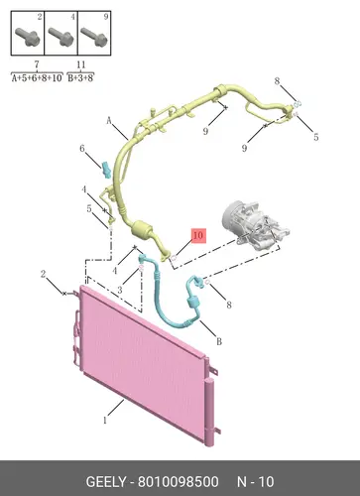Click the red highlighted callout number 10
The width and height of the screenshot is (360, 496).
coord(197,236)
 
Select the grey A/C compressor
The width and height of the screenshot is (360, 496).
coord(255,227)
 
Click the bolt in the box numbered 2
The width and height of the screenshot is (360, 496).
coord(28,36)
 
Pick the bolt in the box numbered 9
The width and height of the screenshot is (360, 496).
coord(94,36)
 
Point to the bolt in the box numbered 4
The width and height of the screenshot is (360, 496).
coord(60,36)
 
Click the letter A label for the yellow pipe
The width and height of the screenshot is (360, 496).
coord(109,120)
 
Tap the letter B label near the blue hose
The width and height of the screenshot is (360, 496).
coord(219,341)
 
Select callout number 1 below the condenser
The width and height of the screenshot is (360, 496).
coord(105,421)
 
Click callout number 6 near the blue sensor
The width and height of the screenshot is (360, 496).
coord(82,149)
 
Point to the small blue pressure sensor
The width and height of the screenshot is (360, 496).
coord(106,170)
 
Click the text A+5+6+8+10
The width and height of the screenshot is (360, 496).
coord(37,78)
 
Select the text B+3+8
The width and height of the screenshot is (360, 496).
coord(80,78)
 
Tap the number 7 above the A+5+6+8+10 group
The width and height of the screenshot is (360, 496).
coord(37,64)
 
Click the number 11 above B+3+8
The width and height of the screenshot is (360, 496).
coord(80,64)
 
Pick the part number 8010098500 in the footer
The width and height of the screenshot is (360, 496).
coord(179,482)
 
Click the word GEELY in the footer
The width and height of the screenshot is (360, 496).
coord(106,482)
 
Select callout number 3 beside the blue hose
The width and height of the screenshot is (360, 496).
coord(120,290)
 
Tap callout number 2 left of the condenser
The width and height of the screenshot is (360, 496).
coord(43,274)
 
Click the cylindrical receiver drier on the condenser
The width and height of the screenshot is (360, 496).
coord(209,413)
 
